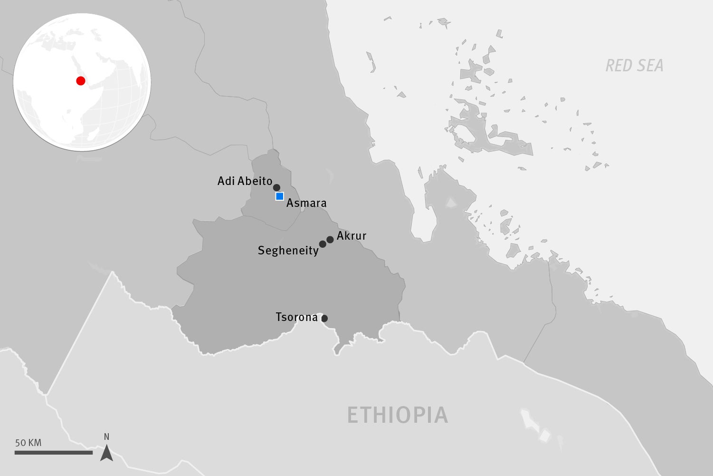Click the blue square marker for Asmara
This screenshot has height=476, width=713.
coord(279,196)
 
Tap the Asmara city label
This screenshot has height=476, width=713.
coord(306,204)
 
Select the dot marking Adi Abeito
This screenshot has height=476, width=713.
coord(276,187)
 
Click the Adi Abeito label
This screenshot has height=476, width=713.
coord(245,181)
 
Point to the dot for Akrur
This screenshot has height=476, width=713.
coord(330,239)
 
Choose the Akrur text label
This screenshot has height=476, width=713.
coord(352,236)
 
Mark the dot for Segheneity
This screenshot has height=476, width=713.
coord(323,244)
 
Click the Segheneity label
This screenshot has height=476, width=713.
coord(288,251)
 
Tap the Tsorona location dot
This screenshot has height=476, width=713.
coord(324,318)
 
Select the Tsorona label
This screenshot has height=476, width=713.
coord(296,317)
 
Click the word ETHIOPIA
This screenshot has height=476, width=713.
coord(397,415)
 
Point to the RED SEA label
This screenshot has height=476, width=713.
coord(634,66)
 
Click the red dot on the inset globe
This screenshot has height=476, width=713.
coord(81,81)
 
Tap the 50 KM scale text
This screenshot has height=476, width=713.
coord(28,443)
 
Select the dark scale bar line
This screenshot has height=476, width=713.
coord(53,453)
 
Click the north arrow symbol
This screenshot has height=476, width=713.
coord(107,453)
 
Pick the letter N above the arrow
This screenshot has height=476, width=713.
coord(106,437)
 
